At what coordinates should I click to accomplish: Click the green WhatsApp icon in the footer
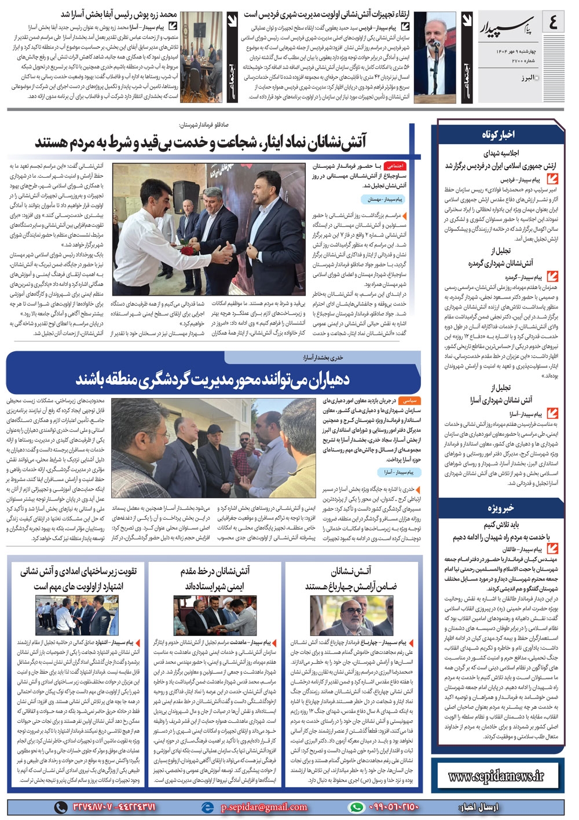coord(357,807)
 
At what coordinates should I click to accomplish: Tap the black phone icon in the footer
coord(60,807)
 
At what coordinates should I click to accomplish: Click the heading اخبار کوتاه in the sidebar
coord(498,134)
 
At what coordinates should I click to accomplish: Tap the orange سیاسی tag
coord(410,400)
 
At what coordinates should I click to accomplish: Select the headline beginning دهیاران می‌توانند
coord(213,380)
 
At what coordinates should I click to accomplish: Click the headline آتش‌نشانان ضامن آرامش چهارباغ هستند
coord(351,579)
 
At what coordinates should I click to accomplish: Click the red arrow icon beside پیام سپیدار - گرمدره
coord(552,277)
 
